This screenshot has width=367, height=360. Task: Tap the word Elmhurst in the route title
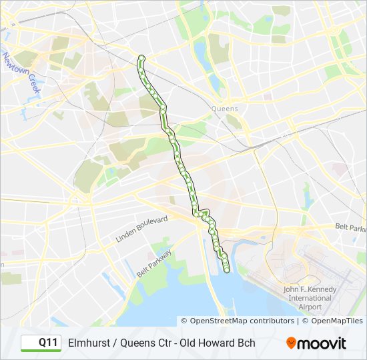coord(89,343)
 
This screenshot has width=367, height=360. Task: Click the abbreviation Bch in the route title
coord(246,343)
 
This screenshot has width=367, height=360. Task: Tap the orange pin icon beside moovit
coord(291,343)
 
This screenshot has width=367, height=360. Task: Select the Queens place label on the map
coord(224,108)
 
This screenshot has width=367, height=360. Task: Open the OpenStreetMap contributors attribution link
coord(242,321)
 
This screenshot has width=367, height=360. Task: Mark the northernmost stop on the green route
coord(141,58)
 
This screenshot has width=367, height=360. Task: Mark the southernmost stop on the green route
coord(226,270)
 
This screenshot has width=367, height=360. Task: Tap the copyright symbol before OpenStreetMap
coord(185,321)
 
